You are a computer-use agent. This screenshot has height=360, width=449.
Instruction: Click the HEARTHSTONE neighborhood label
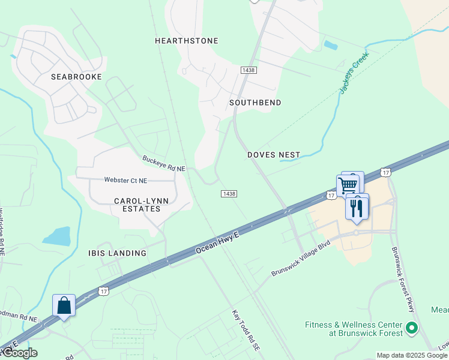186,41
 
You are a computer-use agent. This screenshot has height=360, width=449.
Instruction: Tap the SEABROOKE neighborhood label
76,77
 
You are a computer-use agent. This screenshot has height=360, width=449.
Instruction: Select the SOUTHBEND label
255,103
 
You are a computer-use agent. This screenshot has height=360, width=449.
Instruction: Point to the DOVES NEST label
274,155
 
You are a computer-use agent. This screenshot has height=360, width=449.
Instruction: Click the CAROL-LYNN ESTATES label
137,205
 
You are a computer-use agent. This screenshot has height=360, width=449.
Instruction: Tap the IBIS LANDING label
117,253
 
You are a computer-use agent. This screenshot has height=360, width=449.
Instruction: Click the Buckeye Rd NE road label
164,163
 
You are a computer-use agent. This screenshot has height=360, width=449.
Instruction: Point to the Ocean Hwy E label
217,242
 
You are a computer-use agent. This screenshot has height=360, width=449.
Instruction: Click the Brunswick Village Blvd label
301,263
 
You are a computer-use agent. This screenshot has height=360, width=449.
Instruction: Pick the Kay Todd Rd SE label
247,330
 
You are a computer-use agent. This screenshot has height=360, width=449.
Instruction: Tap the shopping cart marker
348,185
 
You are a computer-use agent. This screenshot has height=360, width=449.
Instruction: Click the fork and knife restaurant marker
357,208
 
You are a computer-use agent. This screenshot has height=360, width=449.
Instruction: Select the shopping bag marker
64,305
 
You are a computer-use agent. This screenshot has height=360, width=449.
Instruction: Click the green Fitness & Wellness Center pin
411,328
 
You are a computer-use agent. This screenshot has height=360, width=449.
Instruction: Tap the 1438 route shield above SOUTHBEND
249,70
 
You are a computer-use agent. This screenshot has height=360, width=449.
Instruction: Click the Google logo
19,353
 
